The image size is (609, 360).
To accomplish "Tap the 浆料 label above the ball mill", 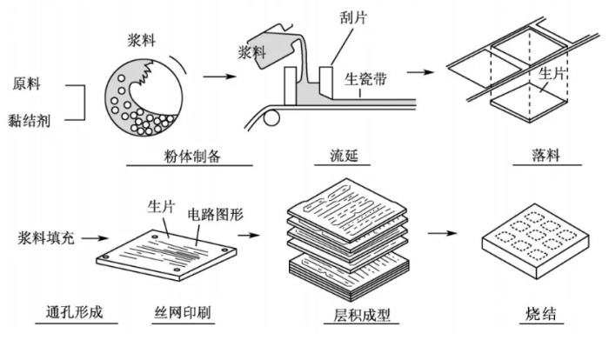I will click(x=143, y=39).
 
